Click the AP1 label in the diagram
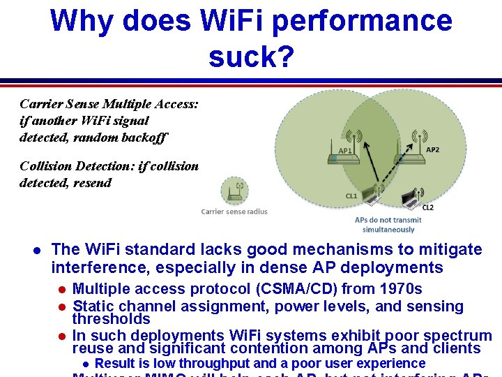[x=345, y=150]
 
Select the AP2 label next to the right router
[x=432, y=149]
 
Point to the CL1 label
[x=351, y=196]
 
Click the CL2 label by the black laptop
[x=427, y=207]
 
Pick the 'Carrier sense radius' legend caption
[x=234, y=212]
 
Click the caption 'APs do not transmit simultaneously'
[x=388, y=225]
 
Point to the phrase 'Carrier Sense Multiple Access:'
[x=109, y=104]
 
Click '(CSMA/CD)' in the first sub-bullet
[x=297, y=289]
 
